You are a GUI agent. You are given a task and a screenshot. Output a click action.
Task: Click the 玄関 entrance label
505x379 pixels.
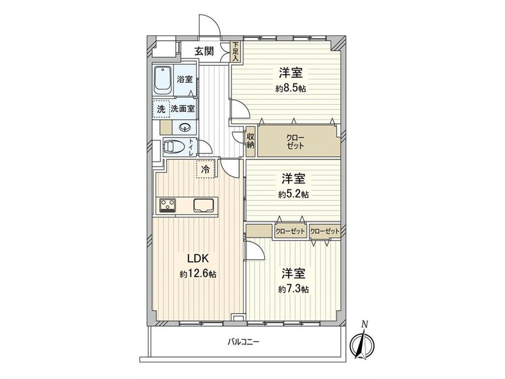[205, 52]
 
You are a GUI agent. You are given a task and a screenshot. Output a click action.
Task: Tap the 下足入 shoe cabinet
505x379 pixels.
[235, 52]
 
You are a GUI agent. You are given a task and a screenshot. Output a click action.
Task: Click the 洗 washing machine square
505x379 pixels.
[161, 109]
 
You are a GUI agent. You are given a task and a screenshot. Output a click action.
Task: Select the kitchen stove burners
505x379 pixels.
[167, 205]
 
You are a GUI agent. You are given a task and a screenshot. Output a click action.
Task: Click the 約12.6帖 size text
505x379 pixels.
[197, 274]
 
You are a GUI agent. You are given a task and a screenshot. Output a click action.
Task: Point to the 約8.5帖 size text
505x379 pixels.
[291, 88]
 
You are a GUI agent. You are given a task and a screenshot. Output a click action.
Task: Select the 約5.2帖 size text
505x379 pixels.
[293, 194]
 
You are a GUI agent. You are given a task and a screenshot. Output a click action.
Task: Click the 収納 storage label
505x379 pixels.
[250, 141]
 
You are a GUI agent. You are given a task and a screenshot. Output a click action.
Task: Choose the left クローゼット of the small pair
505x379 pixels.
[290, 231]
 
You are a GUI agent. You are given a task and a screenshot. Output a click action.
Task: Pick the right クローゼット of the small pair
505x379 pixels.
[324, 231]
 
